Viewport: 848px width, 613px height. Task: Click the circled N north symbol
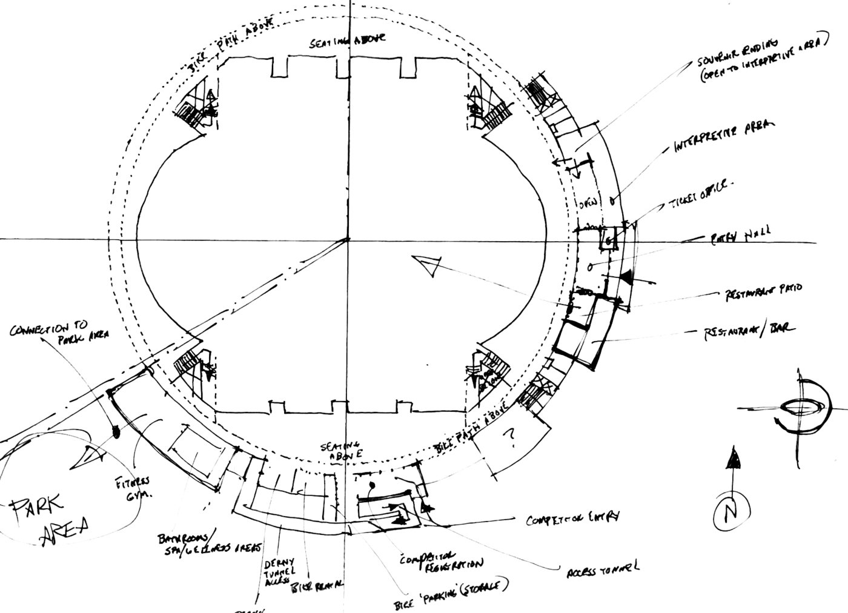[730, 515]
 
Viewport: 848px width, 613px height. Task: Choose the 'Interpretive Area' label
[725, 137]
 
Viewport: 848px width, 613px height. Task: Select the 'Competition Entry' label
[572, 518]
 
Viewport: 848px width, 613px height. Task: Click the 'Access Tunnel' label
[602, 569]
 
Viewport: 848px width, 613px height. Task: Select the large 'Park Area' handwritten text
[51, 518]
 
